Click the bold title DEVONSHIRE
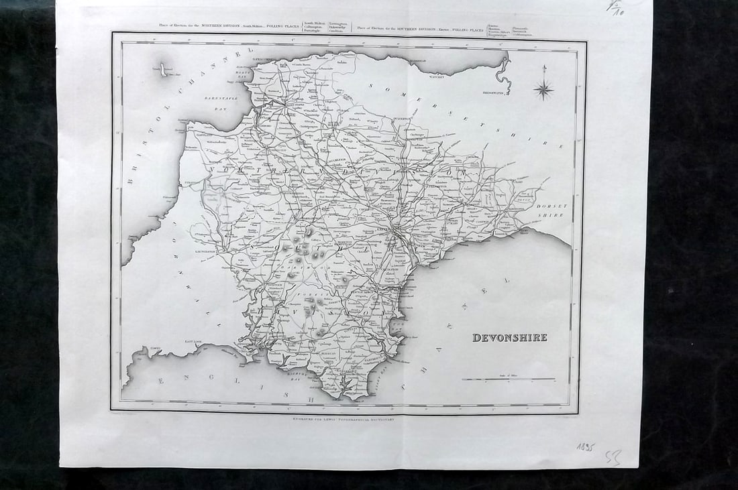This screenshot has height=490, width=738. (510, 338)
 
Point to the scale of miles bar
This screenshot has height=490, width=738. (509, 380)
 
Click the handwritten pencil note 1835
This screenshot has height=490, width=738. (586, 447)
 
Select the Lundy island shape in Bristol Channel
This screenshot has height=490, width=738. (163, 69)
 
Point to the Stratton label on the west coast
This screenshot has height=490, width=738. (194, 181)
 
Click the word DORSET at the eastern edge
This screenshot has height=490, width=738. (551, 206)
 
